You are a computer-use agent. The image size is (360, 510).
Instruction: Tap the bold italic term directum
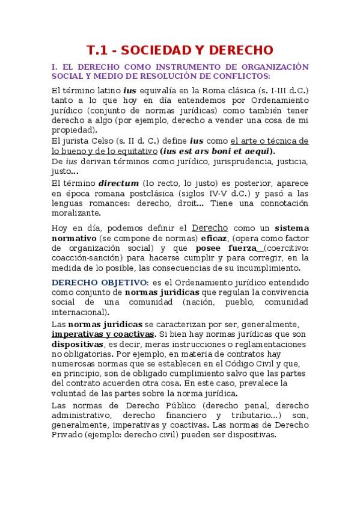(x=118, y=183)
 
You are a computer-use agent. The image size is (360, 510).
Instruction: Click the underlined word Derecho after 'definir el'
(x=209, y=228)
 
